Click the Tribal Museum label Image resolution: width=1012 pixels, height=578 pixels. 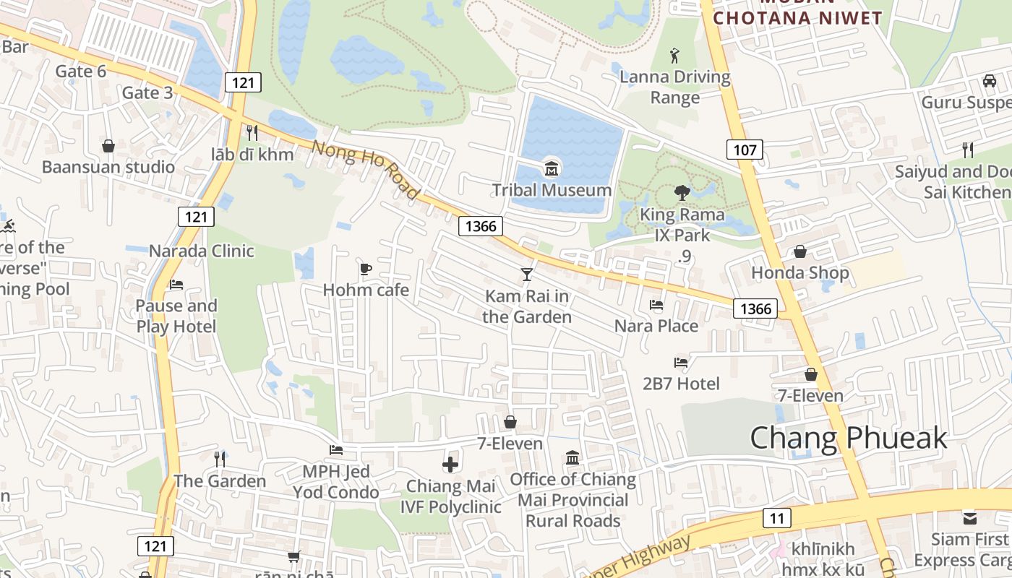pos(552,190)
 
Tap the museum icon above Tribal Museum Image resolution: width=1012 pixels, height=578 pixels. pos(552,170)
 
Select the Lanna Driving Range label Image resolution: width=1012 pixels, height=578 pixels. pos(675,87)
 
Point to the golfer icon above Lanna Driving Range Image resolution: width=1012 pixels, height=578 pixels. pos(675,54)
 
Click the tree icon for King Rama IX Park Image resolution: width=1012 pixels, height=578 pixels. pos(682,192)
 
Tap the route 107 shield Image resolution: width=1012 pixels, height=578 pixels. pos(744,150)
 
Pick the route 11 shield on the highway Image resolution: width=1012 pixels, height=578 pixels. pos(776,517)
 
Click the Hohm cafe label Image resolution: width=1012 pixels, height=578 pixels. pos(366,290)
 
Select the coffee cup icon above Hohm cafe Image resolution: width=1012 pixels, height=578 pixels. pos(366,269)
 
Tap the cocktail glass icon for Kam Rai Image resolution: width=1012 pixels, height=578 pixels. pos(527,275)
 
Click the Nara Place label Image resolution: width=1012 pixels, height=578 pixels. pos(656,326)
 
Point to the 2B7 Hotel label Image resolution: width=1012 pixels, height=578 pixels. pos(681,384)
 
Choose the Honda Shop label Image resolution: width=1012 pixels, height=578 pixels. pos(800,272)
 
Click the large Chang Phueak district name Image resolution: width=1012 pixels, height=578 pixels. pos(848,438)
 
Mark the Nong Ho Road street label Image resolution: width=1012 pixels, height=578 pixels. pos(365,170)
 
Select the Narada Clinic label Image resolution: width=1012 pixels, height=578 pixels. pos(202,251)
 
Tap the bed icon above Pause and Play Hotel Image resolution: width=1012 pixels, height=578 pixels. pos(176,285)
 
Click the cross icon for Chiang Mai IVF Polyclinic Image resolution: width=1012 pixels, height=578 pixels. pos(450,464)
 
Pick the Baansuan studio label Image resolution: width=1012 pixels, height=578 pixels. pos(108,167)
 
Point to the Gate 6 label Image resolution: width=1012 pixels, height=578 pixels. pos(81,71)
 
